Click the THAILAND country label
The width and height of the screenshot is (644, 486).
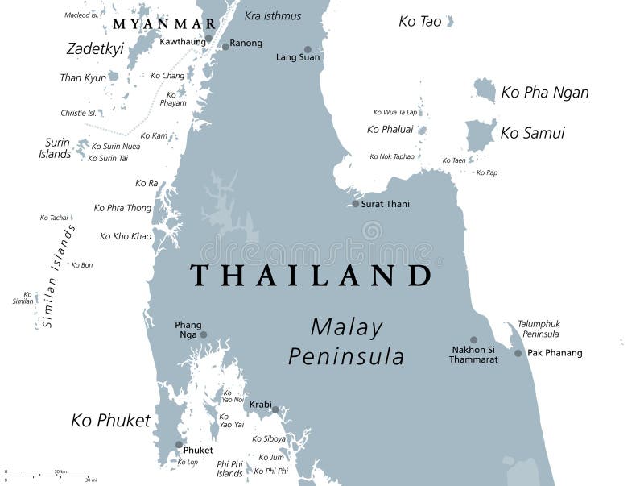click(311, 276)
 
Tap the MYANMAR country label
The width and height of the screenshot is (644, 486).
click(164, 24)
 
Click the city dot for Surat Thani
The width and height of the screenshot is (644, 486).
click(355, 204)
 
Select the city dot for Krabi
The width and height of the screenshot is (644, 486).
click(275, 410)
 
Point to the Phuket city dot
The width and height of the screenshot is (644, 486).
click(179, 444)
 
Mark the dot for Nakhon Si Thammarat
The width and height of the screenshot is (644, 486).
click(473, 340)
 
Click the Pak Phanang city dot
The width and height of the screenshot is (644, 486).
click(518, 353)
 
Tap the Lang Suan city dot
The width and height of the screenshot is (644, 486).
click(307, 49)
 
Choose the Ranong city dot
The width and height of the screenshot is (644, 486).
click(225, 47)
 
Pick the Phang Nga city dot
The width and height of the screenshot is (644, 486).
click(204, 334)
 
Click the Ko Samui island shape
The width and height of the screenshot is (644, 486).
click(480, 135)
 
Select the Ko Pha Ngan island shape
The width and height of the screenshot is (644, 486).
click(485, 89)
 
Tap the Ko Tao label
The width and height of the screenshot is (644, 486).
click(420, 22)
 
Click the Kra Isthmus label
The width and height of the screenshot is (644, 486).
click(273, 16)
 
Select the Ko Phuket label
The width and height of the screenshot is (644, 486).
click(110, 420)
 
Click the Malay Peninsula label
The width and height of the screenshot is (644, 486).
click(346, 342)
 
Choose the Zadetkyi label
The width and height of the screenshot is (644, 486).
click(94, 49)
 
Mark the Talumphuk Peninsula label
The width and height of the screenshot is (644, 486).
click(538, 329)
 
